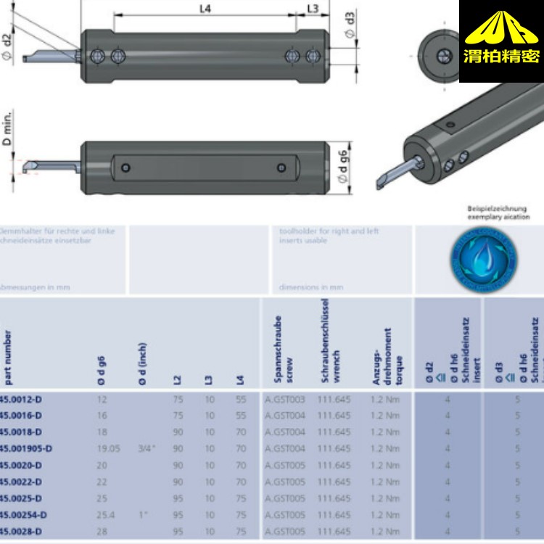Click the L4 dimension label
(x=205, y=9)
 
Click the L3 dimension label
(x=312, y=9)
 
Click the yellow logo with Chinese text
(x=500, y=41)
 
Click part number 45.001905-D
(x=25, y=449)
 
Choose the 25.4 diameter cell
(x=107, y=515)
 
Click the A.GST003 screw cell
(x=284, y=399)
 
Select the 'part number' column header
(x=7, y=355)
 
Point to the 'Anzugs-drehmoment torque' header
(x=382, y=355)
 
